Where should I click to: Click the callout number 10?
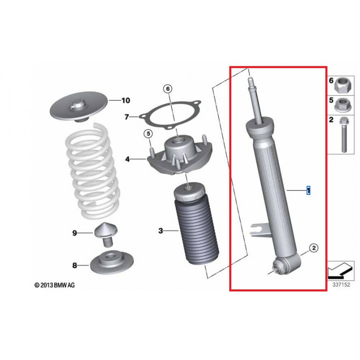[125, 100]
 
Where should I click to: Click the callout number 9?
[75, 233]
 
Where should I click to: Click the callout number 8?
[75, 265]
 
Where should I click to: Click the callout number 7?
[127, 117]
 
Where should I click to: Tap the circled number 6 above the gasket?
[167, 89]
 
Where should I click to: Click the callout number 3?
[161, 231]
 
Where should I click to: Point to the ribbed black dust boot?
[197, 234]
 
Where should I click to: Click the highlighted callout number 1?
[308, 191]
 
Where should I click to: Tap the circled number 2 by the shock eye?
[314, 247]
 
